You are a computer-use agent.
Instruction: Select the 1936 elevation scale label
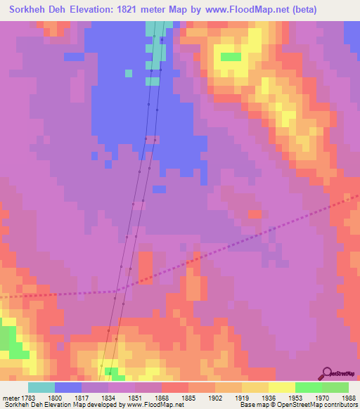(x=268, y=398)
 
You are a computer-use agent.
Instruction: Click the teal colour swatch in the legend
(x=41, y=387)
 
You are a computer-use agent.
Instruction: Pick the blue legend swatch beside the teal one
(x=68, y=387)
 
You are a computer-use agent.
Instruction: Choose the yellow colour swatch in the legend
(x=281, y=387)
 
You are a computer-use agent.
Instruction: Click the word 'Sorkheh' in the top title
(x=25, y=10)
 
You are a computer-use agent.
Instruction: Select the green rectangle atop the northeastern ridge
(x=230, y=57)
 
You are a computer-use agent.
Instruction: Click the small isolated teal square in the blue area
(x=128, y=73)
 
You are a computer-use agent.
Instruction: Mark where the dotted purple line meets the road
(x=117, y=290)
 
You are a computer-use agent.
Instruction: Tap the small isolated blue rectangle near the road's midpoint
(x=159, y=189)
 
